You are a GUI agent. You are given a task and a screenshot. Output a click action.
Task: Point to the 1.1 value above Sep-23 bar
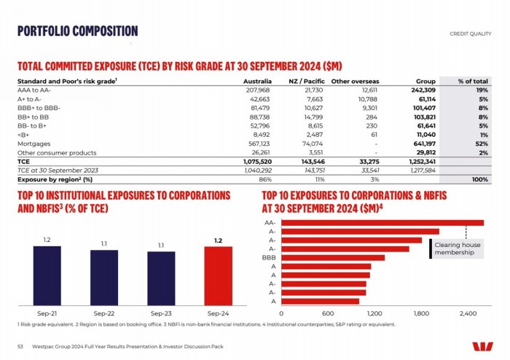point(161,245)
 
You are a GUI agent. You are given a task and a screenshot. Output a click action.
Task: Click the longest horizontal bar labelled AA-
point(382,222)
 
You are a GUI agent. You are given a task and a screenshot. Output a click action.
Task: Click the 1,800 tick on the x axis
point(421,313)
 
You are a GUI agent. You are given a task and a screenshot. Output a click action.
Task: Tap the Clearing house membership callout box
point(458,249)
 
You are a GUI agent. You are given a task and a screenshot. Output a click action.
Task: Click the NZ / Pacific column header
point(306,80)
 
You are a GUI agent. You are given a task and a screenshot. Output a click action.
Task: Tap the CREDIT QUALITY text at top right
point(471,34)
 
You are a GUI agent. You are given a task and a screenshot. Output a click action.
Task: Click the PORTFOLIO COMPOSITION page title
point(78,31)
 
